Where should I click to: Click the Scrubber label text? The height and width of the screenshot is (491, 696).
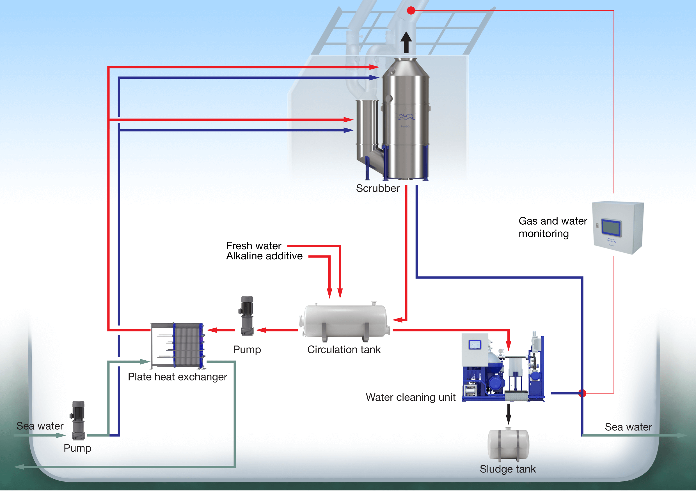click(377, 188)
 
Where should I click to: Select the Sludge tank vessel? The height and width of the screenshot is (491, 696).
click(508, 444)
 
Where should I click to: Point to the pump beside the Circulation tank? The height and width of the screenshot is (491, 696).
click(247, 316)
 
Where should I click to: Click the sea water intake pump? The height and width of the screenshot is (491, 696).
click(78, 420)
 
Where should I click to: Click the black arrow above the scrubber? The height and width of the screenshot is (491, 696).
click(406, 42)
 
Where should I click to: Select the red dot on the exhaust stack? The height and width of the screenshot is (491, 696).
click(411, 11)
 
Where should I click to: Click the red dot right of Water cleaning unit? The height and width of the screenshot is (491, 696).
click(582, 393)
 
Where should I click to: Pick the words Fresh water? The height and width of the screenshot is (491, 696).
click(254, 246)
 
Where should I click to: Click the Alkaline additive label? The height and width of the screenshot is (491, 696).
click(264, 256)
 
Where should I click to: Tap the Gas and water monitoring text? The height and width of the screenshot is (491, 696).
click(552, 227)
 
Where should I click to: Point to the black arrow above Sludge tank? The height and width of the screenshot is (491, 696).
click(508, 414)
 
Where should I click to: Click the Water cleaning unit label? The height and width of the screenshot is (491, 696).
click(411, 397)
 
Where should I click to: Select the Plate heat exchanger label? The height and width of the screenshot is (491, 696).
click(177, 377)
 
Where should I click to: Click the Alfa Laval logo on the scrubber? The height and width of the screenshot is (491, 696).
click(406, 117)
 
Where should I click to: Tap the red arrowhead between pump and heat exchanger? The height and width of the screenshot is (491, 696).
click(212, 330)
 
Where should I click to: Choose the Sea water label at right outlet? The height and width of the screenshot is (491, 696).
click(628, 427)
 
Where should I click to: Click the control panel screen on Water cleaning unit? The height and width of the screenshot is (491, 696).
click(475, 345)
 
